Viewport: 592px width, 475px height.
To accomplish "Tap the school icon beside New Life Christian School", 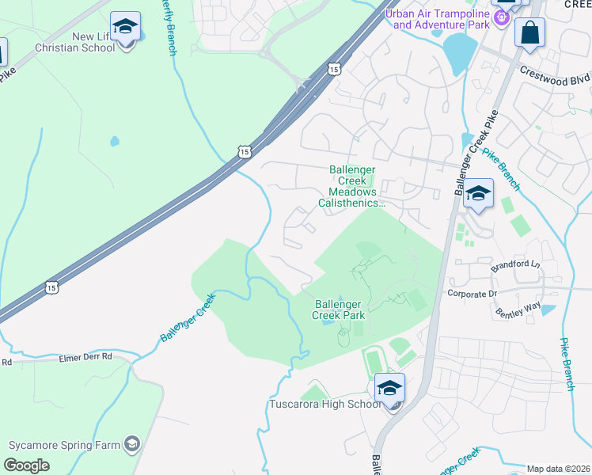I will [125, 28].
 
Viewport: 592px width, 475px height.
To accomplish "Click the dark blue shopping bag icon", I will [529, 33].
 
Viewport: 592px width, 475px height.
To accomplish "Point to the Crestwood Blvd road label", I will [555, 75].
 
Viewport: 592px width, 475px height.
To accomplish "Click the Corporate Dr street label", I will [472, 293].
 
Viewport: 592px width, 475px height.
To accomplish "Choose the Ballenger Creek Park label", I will [339, 309].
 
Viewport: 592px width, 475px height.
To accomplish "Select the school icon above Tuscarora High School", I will [389, 388].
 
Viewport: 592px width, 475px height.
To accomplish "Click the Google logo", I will [26, 465].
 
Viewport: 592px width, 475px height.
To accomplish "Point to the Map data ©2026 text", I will [559, 469].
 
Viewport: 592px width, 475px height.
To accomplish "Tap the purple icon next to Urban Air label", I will [501, 17].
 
